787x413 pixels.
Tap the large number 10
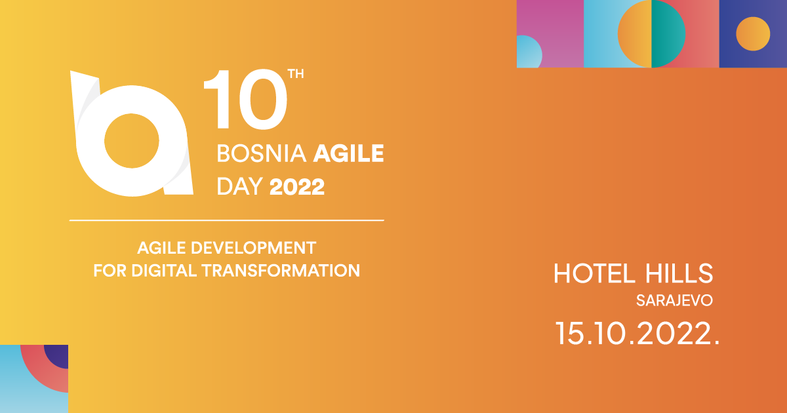point(245,100)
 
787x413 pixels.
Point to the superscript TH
point(296,73)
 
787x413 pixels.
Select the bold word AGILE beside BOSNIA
point(348,153)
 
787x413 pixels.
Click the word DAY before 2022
point(240,186)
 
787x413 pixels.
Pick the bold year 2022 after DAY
point(297,186)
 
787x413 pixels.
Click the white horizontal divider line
point(227,220)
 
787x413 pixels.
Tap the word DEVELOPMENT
point(253,248)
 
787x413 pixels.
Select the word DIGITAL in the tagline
point(164,271)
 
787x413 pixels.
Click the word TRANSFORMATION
point(281,271)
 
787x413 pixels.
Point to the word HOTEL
point(594,273)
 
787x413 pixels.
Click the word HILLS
point(679,273)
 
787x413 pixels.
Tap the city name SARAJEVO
point(674,301)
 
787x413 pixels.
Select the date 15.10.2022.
point(637,333)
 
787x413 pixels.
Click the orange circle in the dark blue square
point(753,34)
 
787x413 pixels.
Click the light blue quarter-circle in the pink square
point(528,52)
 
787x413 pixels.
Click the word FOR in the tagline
point(110,271)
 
